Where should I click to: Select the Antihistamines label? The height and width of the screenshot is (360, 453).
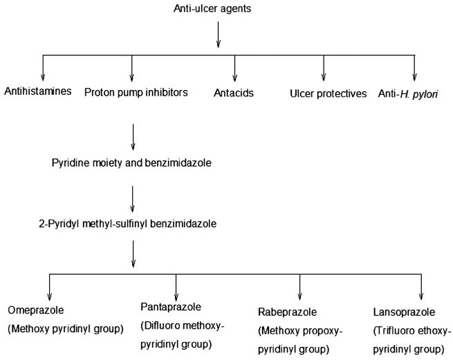click(x=37, y=92)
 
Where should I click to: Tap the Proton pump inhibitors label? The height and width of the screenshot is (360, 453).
click(x=136, y=92)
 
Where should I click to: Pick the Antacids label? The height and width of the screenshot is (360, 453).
click(x=235, y=93)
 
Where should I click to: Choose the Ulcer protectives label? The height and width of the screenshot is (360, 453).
click(x=328, y=93)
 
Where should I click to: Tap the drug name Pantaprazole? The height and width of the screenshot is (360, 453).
click(x=170, y=305)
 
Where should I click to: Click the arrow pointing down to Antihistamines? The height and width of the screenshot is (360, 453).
click(x=43, y=68)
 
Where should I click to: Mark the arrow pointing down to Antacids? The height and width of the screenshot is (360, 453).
click(x=235, y=68)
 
